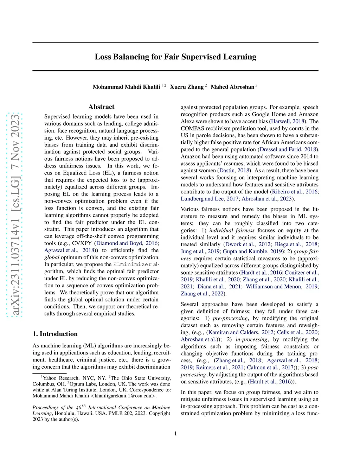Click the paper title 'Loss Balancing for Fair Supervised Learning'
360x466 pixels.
pyautogui.click(x=175, y=57)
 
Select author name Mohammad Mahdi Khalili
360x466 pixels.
pyautogui.click(x=126, y=87)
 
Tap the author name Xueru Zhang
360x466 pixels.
pyautogui.click(x=187, y=87)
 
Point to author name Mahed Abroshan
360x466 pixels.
pyautogui.click(x=232, y=87)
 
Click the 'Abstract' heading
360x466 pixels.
pyautogui.click(x=101, y=107)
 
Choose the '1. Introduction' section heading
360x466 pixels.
pyautogui.click(x=55, y=334)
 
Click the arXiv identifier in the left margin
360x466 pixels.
pyautogui.click(x=15, y=215)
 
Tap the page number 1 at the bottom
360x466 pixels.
pyautogui.click(x=175, y=434)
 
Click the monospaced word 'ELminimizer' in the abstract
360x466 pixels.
pyautogui.click(x=133, y=264)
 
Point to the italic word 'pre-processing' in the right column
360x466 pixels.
pyautogui.click(x=230, y=318)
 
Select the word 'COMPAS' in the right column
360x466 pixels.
pyautogui.click(x=192, y=128)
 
